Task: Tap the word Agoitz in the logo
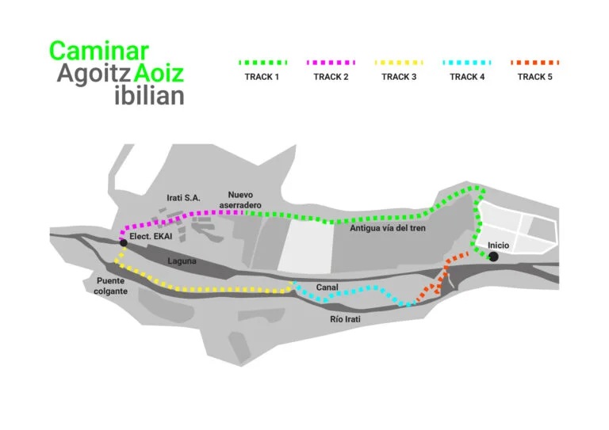(93, 74)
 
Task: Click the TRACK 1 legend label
(262, 77)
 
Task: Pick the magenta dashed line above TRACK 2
(331, 62)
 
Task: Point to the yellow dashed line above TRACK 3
(399, 62)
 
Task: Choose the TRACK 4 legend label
(467, 77)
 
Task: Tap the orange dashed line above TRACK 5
(535, 62)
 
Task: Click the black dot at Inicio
(493, 257)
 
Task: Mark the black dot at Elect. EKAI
(123, 243)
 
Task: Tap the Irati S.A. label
(183, 198)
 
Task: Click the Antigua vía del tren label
(387, 227)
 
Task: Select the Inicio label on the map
(499, 245)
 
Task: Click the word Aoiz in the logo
(159, 74)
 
